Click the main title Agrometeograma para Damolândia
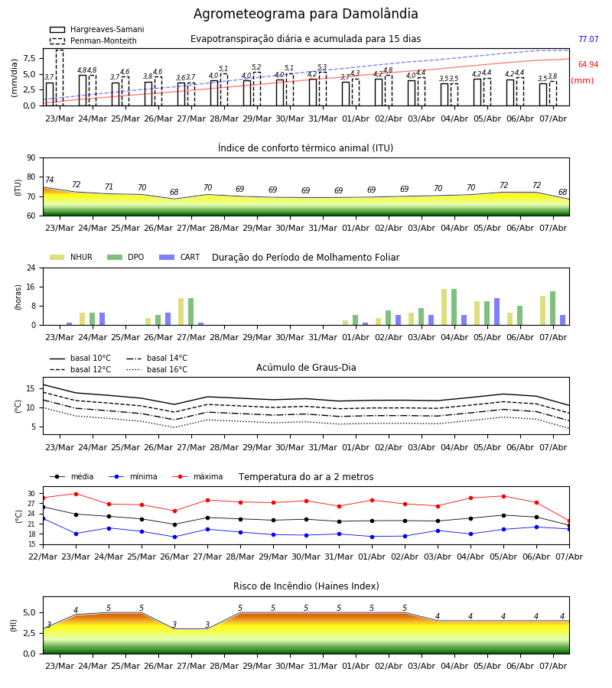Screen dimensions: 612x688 point(305,14)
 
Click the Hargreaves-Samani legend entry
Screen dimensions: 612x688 point(97,29)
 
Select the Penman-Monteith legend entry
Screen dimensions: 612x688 point(93,41)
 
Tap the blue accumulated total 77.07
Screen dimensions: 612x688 point(588,39)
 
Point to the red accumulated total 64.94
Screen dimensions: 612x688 point(588,64)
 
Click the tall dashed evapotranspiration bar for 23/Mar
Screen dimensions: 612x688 point(60,78)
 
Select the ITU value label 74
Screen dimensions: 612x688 point(49,180)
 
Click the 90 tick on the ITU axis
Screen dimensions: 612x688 point(31,158)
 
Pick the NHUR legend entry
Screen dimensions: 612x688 point(71,257)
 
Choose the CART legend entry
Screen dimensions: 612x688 point(180,257)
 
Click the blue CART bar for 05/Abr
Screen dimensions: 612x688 point(497,312)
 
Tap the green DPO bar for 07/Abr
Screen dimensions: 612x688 point(553,308)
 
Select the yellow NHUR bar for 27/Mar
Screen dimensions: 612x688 point(181,312)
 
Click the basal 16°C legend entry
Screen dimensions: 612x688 point(157,369)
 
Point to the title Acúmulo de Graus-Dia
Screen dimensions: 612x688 point(306,367)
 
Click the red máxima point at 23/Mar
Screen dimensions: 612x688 point(76,494)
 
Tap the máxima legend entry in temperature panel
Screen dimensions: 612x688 point(197,476)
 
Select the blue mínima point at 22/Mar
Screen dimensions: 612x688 point(43,518)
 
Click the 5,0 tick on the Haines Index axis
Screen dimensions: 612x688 point(29,613)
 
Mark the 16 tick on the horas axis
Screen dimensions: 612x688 point(31,287)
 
